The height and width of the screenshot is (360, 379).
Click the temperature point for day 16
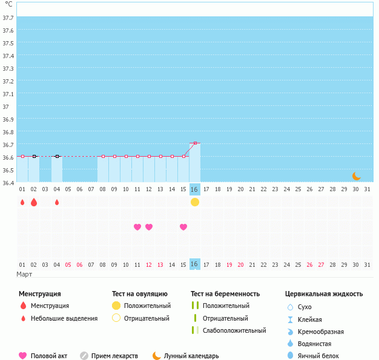click(x=195, y=143)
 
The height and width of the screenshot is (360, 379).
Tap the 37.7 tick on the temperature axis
click(x=8, y=18)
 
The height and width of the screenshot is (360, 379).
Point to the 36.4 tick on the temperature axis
click(x=8, y=183)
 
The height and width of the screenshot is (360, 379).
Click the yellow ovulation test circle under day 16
click(x=195, y=202)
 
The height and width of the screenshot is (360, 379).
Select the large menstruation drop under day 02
click(x=34, y=202)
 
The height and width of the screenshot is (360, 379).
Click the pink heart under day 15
click(x=183, y=227)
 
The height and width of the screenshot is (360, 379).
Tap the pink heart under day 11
click(x=137, y=227)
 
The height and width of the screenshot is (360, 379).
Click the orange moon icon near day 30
click(x=357, y=176)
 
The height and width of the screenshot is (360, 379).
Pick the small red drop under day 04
click(x=57, y=202)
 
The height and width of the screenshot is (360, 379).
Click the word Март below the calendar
click(x=25, y=274)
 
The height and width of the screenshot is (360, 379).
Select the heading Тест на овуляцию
click(x=140, y=294)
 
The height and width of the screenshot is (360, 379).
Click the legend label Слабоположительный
click(x=234, y=330)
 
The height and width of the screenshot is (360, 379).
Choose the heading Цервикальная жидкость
click(x=324, y=294)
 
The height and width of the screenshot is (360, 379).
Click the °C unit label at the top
click(x=8, y=5)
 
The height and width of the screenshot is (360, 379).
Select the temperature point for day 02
click(x=34, y=156)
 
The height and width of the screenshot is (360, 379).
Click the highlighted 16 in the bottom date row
click(x=194, y=264)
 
